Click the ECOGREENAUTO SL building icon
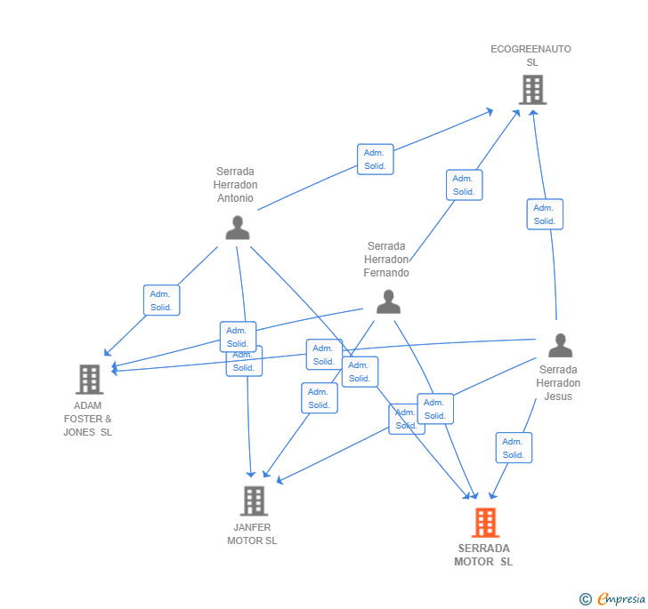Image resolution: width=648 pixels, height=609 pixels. pyautogui.click(x=532, y=90)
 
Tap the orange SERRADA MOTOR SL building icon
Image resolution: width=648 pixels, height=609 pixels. pyautogui.click(x=485, y=523)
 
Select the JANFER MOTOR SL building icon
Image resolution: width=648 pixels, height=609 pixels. pyautogui.click(x=254, y=501)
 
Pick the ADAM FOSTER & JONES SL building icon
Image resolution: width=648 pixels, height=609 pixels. pyautogui.click(x=89, y=380)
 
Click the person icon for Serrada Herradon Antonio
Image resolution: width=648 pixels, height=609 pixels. pyautogui.click(x=237, y=228)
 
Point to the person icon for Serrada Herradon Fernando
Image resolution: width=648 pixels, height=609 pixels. pyautogui.click(x=388, y=302)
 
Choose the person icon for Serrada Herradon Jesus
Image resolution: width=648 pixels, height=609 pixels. pyautogui.click(x=560, y=345)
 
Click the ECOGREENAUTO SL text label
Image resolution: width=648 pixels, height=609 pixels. pyautogui.click(x=531, y=56)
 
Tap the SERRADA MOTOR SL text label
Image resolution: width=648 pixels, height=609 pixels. pyautogui.click(x=483, y=555)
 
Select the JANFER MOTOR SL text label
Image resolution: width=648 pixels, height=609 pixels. pyautogui.click(x=252, y=533)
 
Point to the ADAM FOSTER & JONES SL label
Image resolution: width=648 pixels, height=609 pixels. pyautogui.click(x=87, y=419)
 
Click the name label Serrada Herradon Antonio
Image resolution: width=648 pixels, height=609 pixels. pyautogui.click(x=235, y=185)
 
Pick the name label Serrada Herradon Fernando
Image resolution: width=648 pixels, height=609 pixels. pyautogui.click(x=386, y=260)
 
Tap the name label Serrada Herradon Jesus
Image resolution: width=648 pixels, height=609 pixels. pyautogui.click(x=558, y=383)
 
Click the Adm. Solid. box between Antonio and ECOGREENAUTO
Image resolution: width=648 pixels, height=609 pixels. pyautogui.click(x=375, y=159)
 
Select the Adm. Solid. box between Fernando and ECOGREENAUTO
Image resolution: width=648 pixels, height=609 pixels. pyautogui.click(x=464, y=185)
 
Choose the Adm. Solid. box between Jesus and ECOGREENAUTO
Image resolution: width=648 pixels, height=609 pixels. pyautogui.click(x=544, y=214)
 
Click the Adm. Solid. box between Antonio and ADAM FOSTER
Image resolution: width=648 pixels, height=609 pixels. pyautogui.click(x=161, y=300)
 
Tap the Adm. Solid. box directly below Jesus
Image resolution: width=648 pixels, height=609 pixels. pyautogui.click(x=514, y=448)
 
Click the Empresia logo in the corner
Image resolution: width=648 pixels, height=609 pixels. pyautogui.click(x=612, y=599)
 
